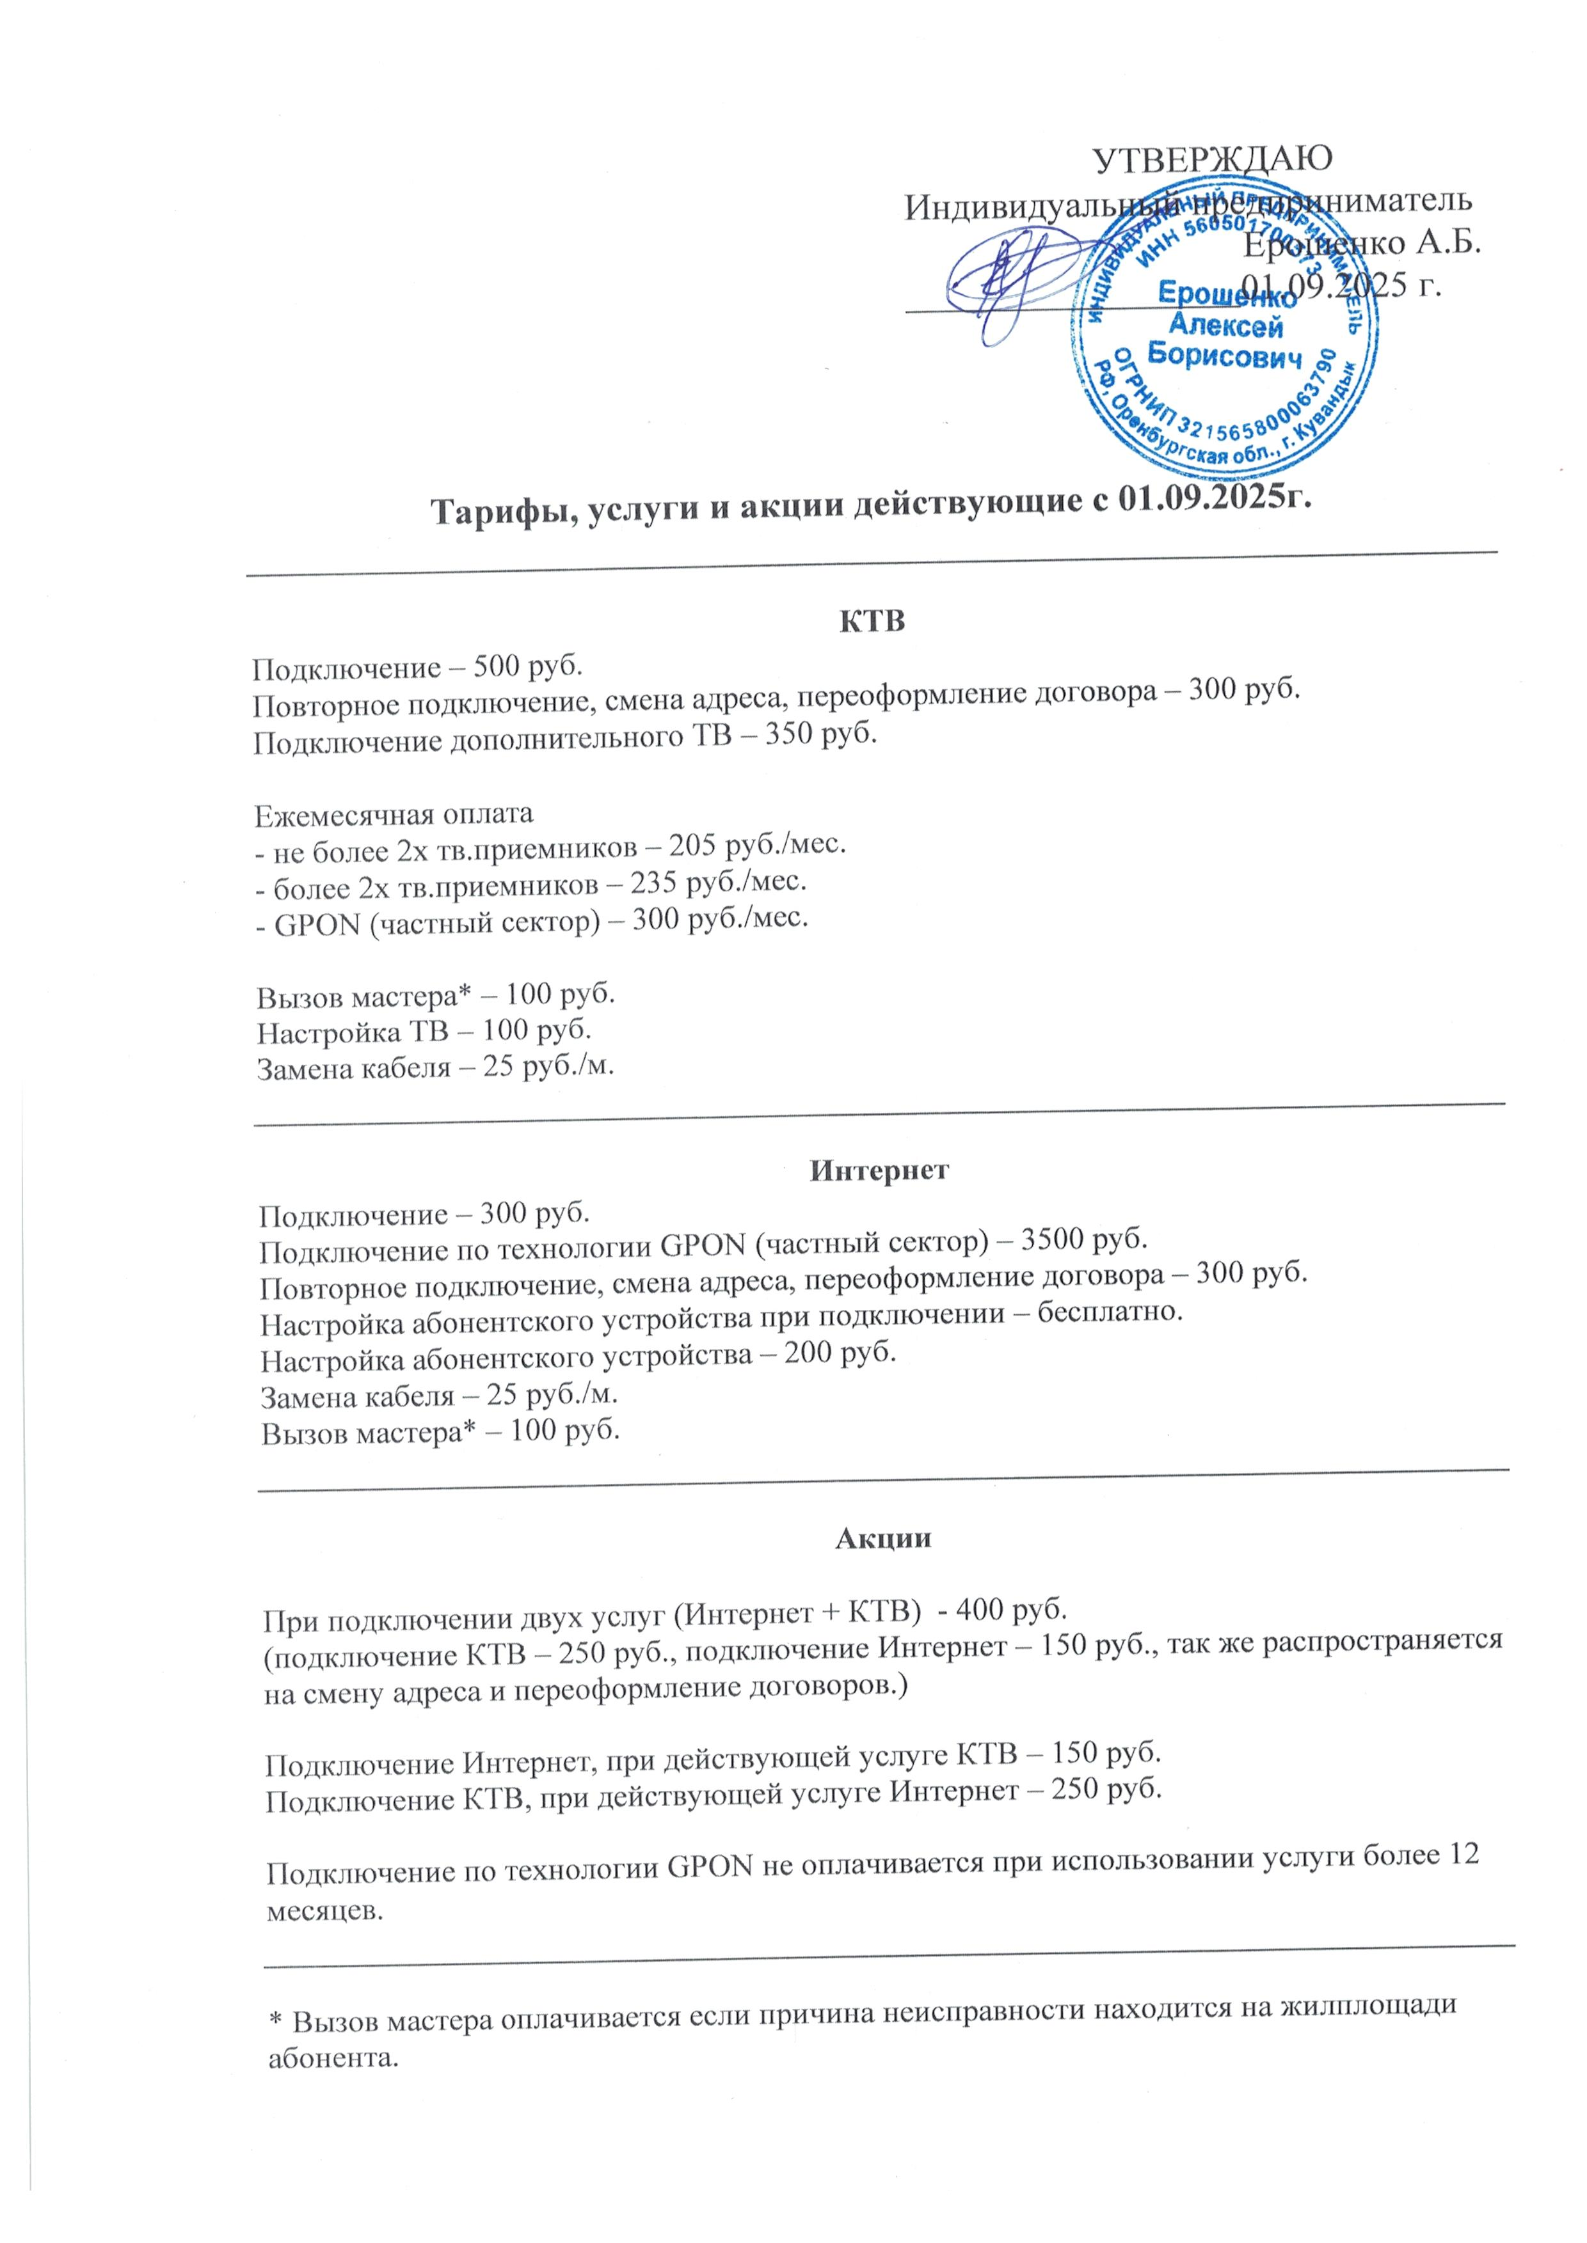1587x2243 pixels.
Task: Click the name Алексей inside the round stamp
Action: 1225,326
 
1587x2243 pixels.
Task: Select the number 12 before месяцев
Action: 1462,1853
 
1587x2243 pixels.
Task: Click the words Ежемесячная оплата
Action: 394,814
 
